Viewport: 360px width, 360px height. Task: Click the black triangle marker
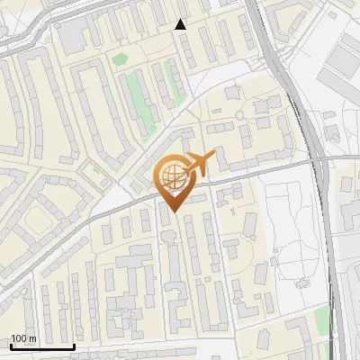180,24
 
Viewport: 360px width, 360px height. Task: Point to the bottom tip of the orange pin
171,211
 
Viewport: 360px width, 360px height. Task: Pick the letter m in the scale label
32,339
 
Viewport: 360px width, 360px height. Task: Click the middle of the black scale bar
41,346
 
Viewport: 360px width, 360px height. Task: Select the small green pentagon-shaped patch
119,60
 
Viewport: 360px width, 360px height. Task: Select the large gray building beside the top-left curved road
71,35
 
